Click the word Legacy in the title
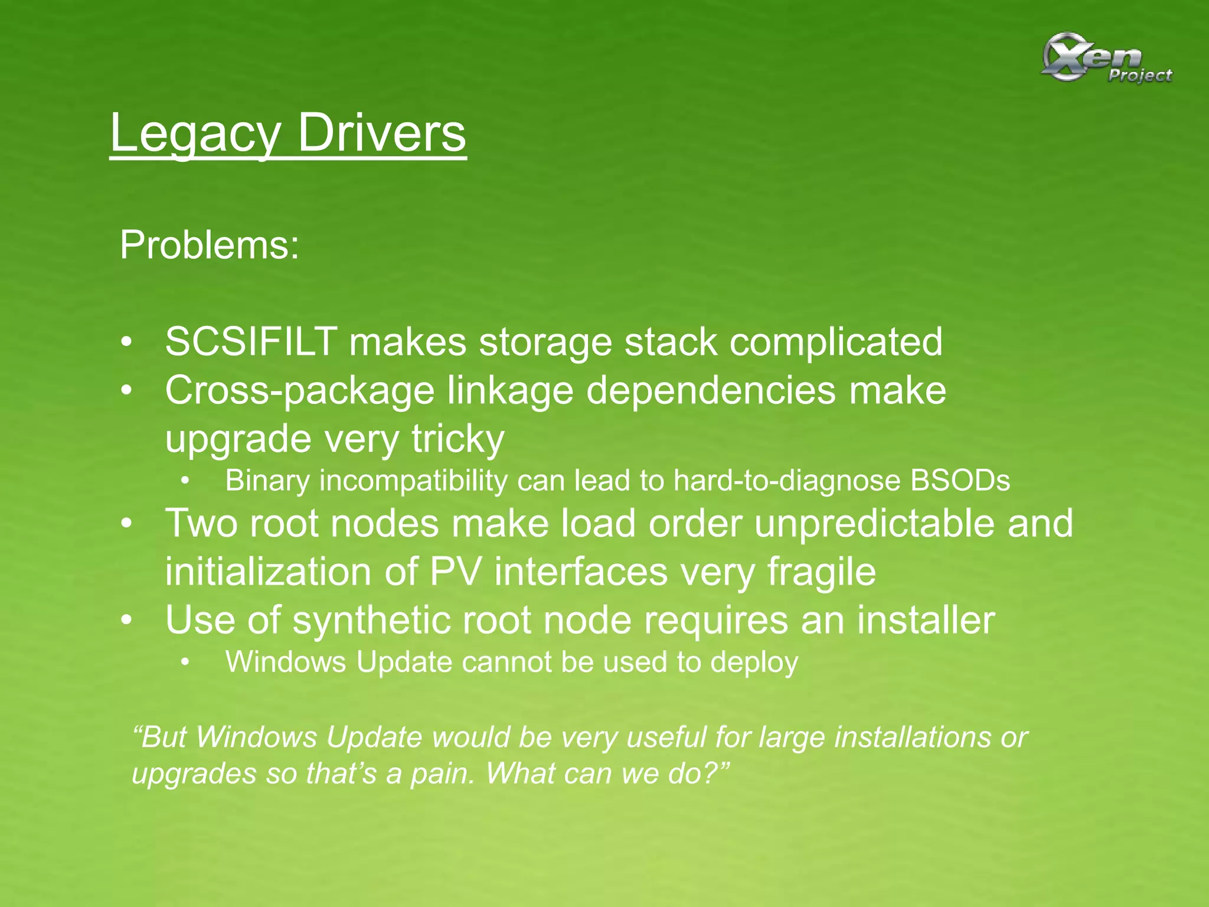tap(194, 133)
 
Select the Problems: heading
tap(210, 245)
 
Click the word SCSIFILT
tap(251, 342)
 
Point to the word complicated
tap(836, 343)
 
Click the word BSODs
tap(960, 481)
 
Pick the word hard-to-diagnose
tap(786, 481)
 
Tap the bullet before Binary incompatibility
tap(186, 481)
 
